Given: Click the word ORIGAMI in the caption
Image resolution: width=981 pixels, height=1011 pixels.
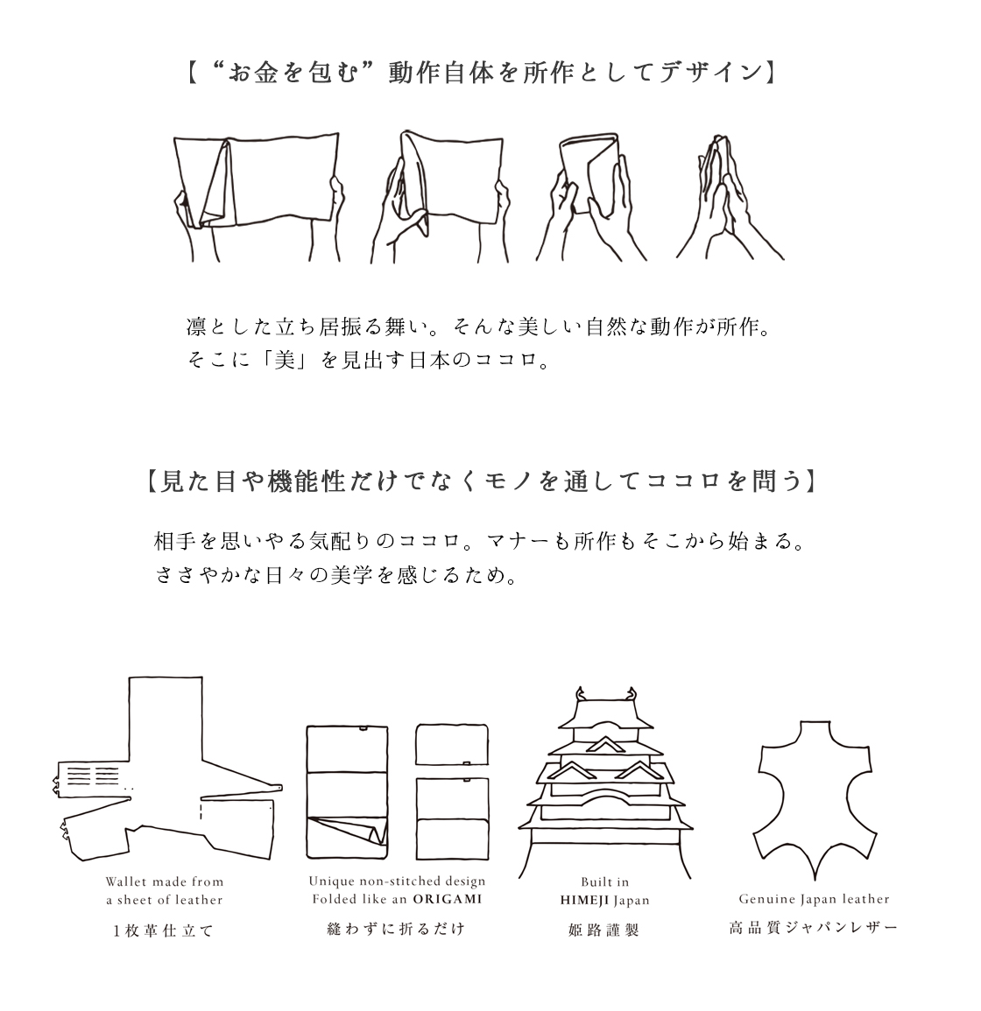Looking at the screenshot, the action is (x=448, y=899).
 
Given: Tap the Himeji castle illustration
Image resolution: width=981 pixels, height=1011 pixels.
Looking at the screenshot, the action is (x=604, y=783).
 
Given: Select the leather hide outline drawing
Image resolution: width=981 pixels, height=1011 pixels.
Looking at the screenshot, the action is (x=815, y=799).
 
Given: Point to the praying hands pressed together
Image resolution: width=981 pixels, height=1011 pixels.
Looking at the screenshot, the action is (x=730, y=197).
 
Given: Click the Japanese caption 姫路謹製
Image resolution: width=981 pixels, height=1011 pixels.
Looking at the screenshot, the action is (x=603, y=930).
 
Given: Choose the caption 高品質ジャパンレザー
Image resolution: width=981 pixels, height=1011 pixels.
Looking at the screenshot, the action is (x=813, y=928).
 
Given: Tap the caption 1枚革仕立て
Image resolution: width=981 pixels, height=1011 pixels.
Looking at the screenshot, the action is (x=163, y=930).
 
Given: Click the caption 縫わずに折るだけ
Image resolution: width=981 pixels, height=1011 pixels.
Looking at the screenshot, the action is (x=396, y=929).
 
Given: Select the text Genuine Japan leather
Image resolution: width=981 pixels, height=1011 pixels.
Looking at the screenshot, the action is (x=814, y=899).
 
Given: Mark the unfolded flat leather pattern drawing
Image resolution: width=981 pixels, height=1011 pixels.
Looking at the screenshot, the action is (x=166, y=768).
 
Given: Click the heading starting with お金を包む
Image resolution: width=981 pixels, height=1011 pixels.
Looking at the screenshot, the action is (x=482, y=73).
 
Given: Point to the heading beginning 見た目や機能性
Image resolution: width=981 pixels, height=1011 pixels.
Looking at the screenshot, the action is (x=482, y=481).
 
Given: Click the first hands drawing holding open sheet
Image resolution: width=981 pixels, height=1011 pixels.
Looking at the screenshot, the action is (x=258, y=197).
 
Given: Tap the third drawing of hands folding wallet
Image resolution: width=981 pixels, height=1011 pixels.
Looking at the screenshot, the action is (x=590, y=197).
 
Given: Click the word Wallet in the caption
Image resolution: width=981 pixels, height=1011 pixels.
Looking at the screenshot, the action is (x=127, y=881).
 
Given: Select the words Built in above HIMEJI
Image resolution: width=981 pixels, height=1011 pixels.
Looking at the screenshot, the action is (x=604, y=882).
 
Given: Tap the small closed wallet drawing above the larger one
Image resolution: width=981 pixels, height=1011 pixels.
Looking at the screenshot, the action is (x=452, y=745).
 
